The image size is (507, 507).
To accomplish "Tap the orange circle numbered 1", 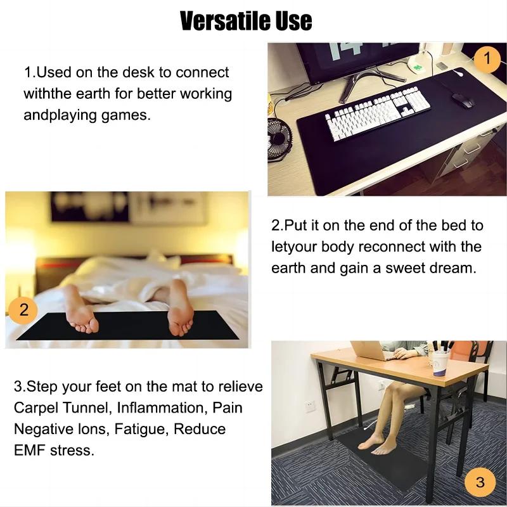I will coord(487,60).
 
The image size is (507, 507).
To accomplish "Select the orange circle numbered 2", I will coord(24,311).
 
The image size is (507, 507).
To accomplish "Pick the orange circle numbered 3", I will coord(480,482).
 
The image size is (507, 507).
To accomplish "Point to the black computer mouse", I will coord(462,99).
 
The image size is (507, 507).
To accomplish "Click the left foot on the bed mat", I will coord(82,309).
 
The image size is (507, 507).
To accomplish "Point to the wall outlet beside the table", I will coord(311,405).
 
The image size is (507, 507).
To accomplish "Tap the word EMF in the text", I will coord(29,451).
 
